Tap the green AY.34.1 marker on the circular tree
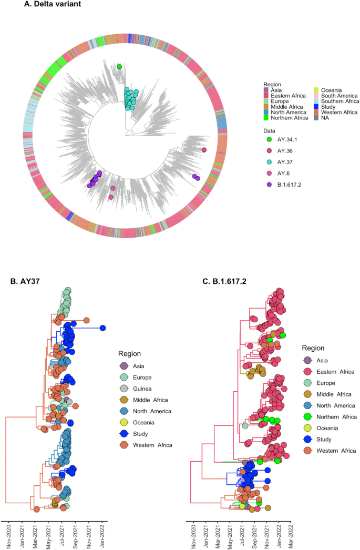pyautogui.click(x=119, y=67)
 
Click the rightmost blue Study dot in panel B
pyautogui.click(x=103, y=328)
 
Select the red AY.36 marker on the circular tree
pyautogui.click(x=204, y=150)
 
